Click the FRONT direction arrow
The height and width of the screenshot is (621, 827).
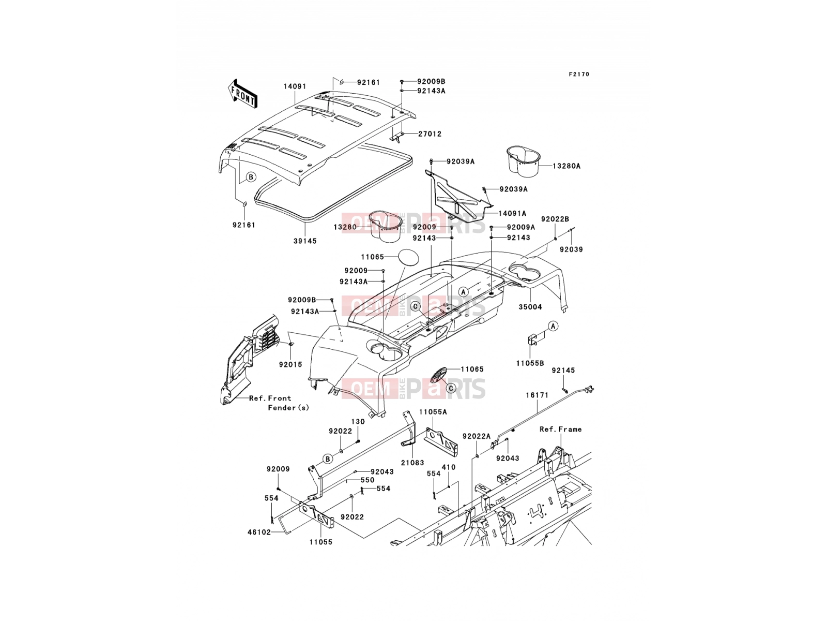(x=242, y=94)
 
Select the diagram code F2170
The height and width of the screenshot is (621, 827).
(x=579, y=75)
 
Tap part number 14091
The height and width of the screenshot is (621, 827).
(x=295, y=86)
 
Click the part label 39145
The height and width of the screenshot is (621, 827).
(x=305, y=241)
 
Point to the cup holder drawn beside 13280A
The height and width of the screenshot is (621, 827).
(x=523, y=161)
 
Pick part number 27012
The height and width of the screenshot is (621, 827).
(x=430, y=134)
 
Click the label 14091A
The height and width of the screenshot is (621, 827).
(x=512, y=213)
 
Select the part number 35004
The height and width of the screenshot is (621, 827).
(x=530, y=307)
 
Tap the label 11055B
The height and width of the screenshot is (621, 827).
(x=530, y=363)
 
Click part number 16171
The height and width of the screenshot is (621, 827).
(x=537, y=395)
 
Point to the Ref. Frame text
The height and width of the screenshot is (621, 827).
(x=560, y=429)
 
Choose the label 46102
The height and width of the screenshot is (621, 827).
(x=259, y=533)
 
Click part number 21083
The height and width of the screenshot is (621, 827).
(x=412, y=463)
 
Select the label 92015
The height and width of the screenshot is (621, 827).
(x=290, y=365)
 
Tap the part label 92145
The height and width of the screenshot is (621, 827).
(x=563, y=371)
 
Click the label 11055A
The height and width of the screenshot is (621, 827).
(x=433, y=412)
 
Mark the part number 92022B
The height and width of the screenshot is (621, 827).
(x=555, y=219)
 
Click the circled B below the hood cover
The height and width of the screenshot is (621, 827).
(x=251, y=177)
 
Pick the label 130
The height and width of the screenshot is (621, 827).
(x=358, y=422)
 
